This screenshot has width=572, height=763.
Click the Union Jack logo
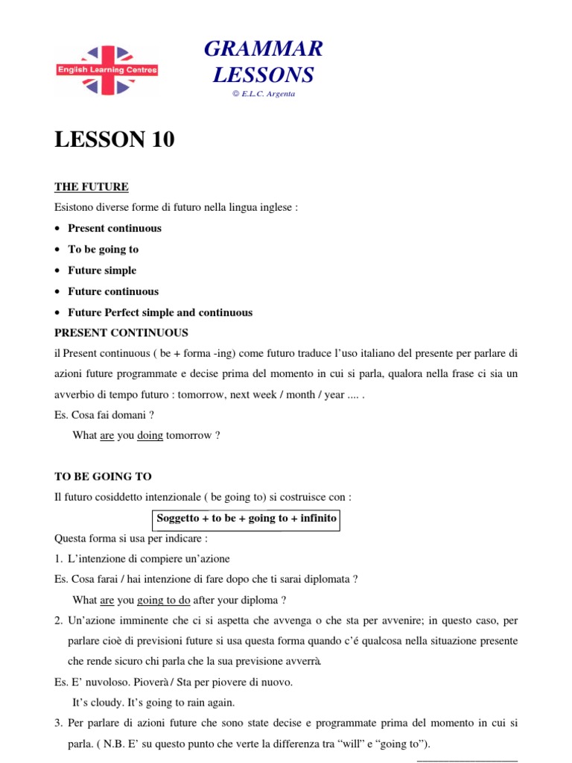[x=107, y=69]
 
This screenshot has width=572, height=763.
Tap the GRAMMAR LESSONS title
[x=263, y=62]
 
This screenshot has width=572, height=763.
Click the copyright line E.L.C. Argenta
[x=263, y=94]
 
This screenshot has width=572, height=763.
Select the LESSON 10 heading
[x=115, y=139]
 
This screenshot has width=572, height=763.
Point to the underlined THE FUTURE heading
[x=92, y=186]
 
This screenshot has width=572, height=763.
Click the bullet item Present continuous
[x=115, y=228]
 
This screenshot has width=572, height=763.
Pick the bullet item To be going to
[x=104, y=249]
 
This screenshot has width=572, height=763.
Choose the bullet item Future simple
[x=102, y=270]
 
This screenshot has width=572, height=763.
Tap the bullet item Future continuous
[x=113, y=291]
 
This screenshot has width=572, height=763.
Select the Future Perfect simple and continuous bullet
[x=160, y=312]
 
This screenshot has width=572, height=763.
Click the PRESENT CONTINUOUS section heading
[x=121, y=332]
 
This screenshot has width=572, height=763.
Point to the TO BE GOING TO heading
[x=104, y=476]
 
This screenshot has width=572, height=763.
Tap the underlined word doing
[x=150, y=436]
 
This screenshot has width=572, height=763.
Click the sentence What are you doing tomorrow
[x=147, y=436]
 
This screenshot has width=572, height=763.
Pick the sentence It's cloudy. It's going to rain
[x=153, y=702]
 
